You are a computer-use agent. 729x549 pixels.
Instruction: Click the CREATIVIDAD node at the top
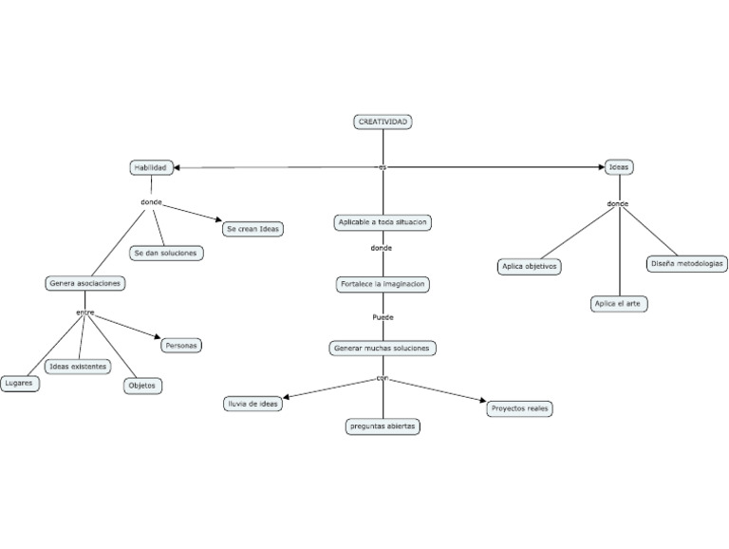(x=383, y=122)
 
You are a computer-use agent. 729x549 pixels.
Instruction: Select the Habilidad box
(x=151, y=167)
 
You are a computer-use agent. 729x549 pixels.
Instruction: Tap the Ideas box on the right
(x=619, y=167)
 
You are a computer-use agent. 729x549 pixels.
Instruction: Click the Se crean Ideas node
(x=252, y=229)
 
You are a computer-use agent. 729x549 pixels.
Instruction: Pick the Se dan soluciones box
(x=166, y=253)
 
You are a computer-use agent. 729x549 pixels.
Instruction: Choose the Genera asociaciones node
(x=85, y=283)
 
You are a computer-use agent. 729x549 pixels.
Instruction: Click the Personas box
(x=180, y=345)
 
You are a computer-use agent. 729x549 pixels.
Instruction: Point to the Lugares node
(x=19, y=383)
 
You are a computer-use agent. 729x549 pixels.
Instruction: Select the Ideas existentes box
(x=78, y=366)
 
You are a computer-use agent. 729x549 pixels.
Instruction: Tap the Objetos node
(x=143, y=386)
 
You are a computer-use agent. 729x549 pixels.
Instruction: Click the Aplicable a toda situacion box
(x=383, y=222)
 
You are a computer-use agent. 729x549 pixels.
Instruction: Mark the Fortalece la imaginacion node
(x=383, y=284)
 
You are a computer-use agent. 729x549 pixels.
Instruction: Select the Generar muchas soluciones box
(x=383, y=348)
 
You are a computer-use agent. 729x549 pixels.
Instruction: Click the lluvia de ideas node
(x=252, y=404)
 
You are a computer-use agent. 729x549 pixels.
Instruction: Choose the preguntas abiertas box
(x=382, y=426)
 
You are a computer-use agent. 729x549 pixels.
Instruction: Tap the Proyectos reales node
(x=519, y=408)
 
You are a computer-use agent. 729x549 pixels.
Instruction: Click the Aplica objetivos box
(x=530, y=267)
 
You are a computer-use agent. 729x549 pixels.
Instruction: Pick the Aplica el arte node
(x=619, y=304)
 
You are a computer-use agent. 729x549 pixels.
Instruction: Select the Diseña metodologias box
(x=687, y=263)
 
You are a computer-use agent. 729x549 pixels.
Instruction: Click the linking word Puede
(x=383, y=317)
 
